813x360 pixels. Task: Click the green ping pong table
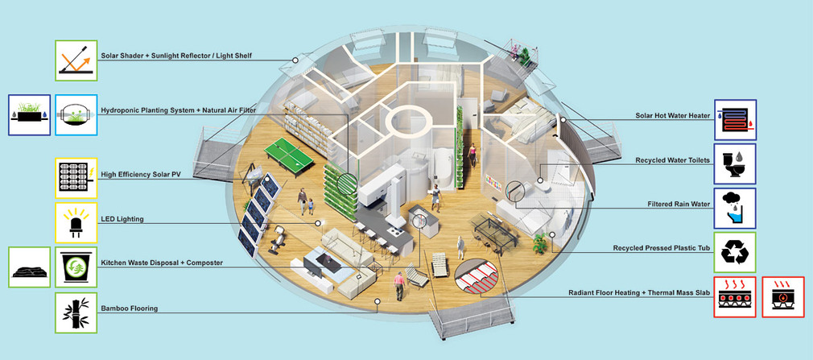pos(288,154)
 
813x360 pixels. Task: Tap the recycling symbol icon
pos(735,253)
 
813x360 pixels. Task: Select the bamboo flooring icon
pos(76,312)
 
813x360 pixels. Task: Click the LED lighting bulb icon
pos(76,223)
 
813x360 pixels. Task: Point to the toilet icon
pos(735,164)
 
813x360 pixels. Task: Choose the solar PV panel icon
pos(76,178)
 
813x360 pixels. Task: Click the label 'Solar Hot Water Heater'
pos(672,116)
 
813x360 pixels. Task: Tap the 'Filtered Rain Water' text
pos(679,205)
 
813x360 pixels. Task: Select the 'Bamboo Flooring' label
pos(129,308)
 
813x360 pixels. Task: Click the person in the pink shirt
pos(398,286)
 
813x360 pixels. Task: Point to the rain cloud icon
pos(735,209)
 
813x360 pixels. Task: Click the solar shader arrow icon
pos(76,60)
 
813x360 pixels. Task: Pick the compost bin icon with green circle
pos(76,267)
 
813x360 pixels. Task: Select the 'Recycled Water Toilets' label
pos(672,161)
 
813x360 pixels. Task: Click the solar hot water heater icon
pos(735,120)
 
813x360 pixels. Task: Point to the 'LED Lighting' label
pos(122,219)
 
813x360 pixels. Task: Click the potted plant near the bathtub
pos(540,242)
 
